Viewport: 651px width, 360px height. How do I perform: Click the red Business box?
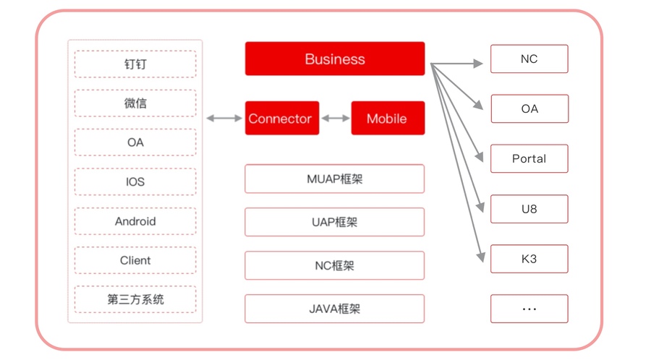(335, 59)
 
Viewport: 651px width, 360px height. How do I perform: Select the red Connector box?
(282, 119)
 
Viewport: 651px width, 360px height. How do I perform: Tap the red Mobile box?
(388, 119)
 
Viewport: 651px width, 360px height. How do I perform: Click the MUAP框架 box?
(335, 179)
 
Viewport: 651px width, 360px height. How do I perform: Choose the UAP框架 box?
(335, 222)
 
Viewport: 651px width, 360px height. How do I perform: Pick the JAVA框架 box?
(335, 309)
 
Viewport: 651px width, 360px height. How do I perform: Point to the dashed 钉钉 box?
(135, 64)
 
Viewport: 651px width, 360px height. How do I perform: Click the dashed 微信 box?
(135, 103)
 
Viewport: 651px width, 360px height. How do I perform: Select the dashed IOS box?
(135, 181)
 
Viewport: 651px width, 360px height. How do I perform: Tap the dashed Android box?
(135, 221)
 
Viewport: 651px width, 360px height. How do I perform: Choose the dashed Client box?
(135, 260)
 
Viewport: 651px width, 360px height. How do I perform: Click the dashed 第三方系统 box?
(135, 299)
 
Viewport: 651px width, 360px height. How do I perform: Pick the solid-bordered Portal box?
(529, 158)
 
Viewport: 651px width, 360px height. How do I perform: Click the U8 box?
(529, 209)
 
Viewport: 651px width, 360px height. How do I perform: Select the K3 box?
(529, 259)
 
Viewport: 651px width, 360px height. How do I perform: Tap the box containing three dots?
(529, 309)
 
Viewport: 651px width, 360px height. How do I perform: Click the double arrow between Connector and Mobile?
(336, 119)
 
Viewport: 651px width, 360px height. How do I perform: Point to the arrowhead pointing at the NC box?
(478, 64)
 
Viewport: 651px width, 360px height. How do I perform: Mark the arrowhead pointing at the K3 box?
(481, 257)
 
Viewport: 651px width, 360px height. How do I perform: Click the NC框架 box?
(335, 265)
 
